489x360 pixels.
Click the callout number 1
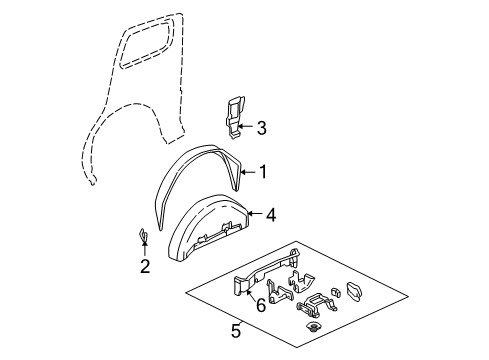[x=263, y=172]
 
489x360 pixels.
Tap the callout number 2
[x=145, y=266]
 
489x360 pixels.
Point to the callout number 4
[x=271, y=213]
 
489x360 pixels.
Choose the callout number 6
[x=261, y=306]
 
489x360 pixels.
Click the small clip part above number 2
[x=143, y=236]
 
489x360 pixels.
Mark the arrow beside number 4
[x=255, y=213]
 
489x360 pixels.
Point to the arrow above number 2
[x=145, y=250]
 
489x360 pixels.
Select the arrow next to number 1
[x=249, y=172]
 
